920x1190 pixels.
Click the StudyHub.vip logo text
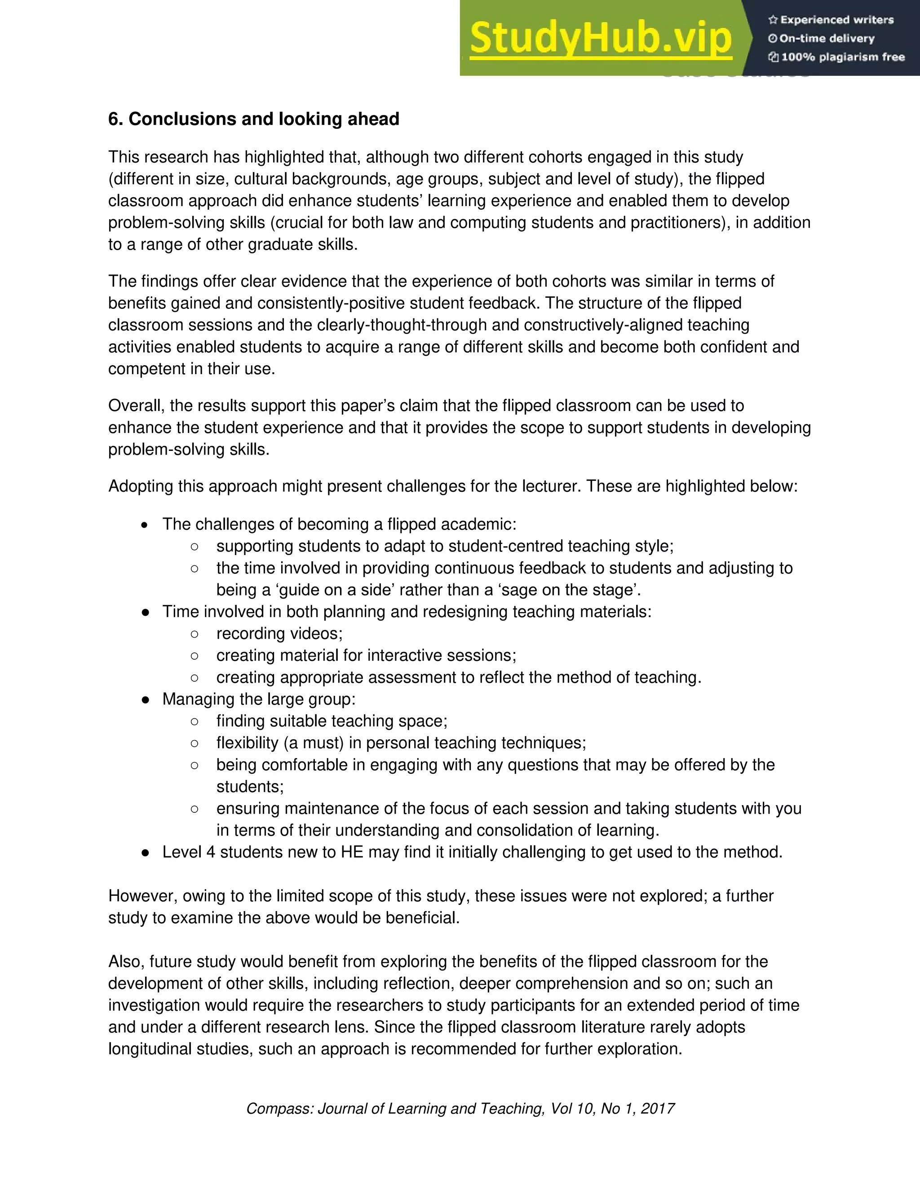coord(600,39)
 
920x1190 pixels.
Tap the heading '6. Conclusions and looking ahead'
coord(253,119)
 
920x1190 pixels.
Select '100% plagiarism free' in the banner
coord(843,57)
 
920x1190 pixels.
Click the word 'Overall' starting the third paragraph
coord(136,406)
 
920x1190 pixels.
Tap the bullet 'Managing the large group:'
coord(258,699)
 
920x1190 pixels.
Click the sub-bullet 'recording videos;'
coord(279,634)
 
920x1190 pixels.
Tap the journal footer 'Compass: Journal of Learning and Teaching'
coord(395,1109)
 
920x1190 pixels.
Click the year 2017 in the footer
coord(658,1109)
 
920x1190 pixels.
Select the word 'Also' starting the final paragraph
coord(126,962)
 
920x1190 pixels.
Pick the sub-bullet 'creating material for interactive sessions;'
coord(366,656)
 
